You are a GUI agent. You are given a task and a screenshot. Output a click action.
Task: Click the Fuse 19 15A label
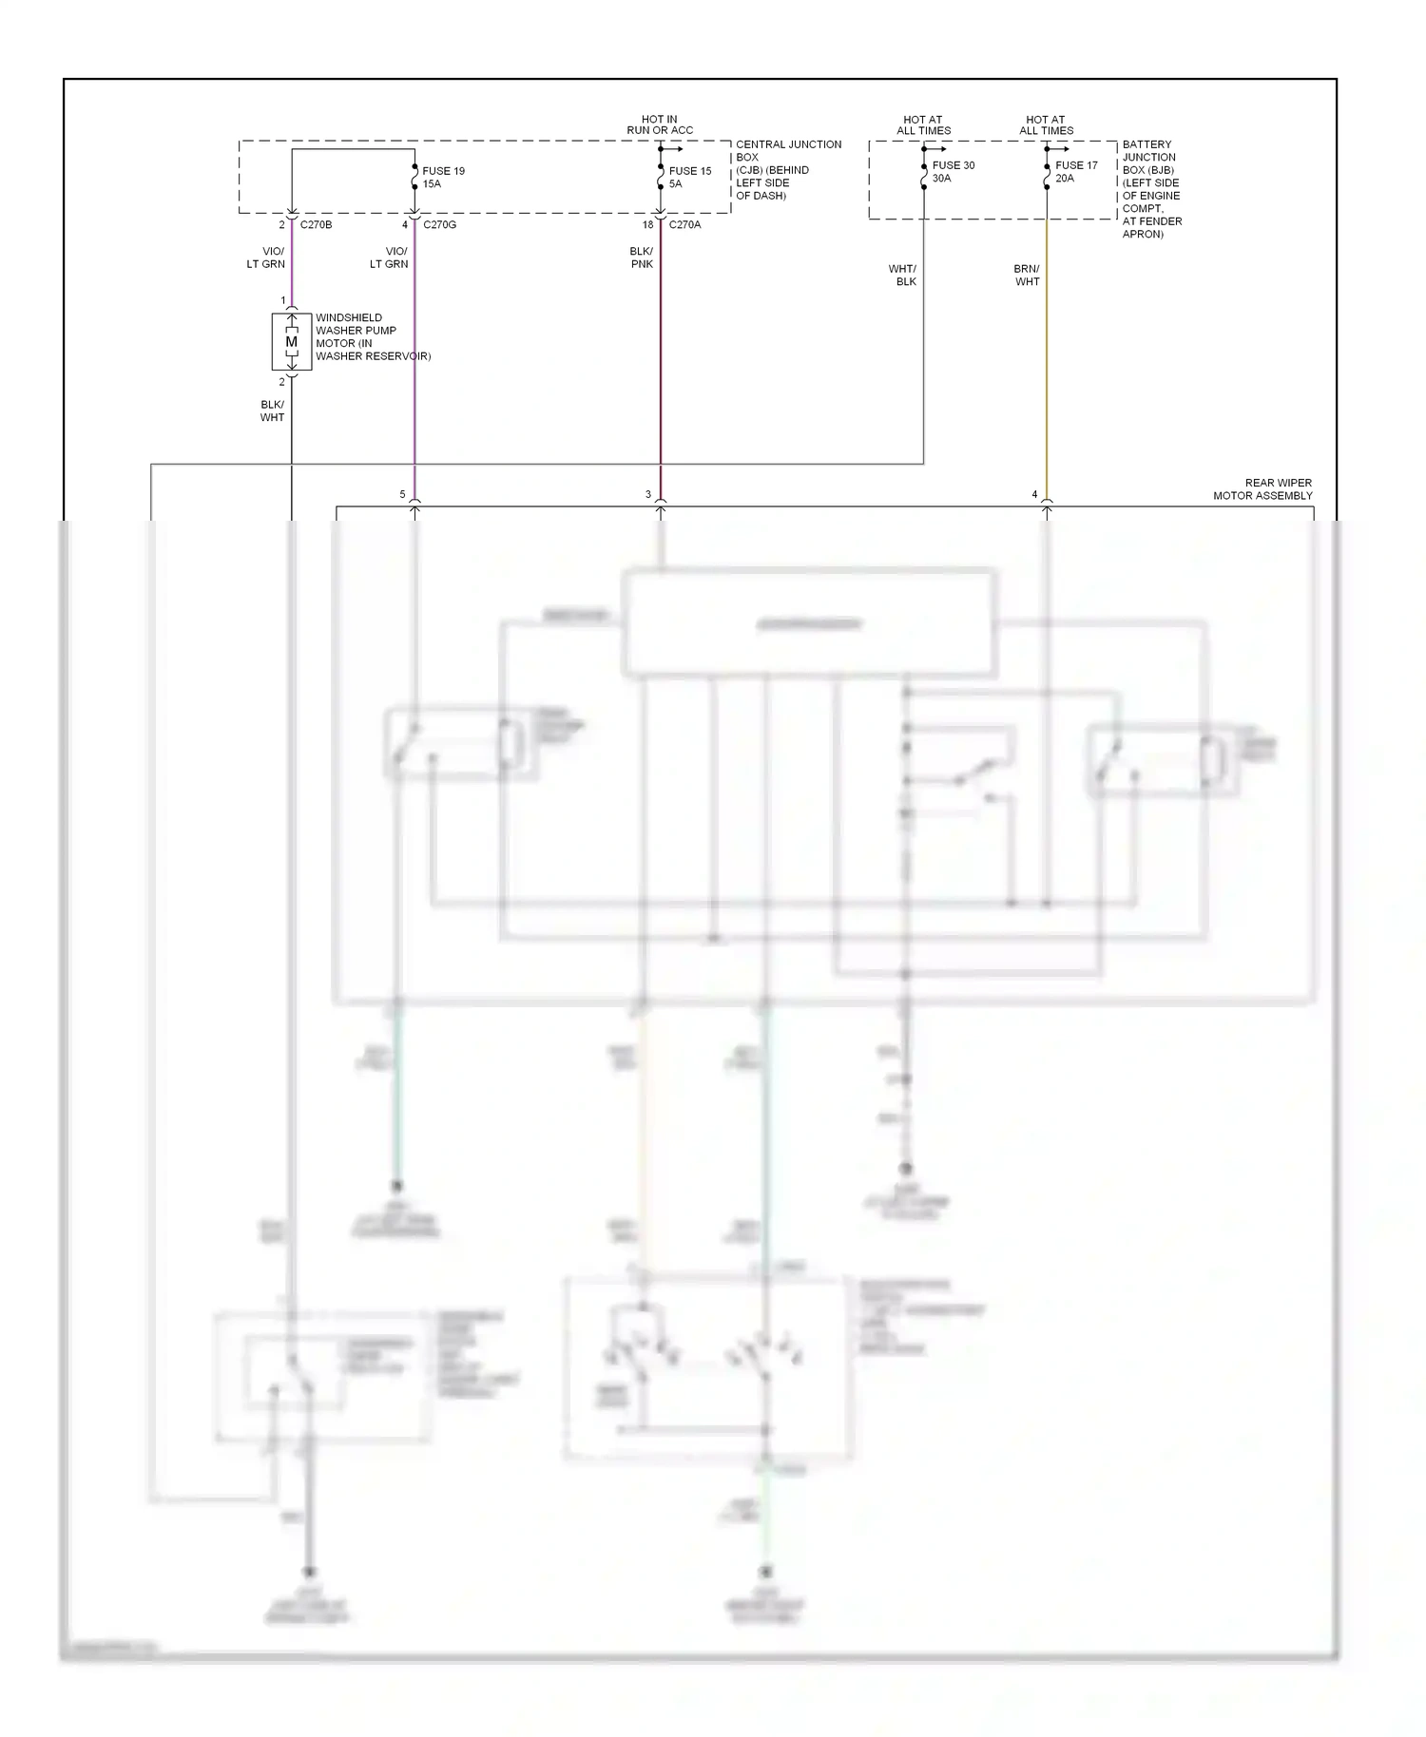(x=443, y=178)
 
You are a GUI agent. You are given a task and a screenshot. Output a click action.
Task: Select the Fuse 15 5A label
(x=689, y=178)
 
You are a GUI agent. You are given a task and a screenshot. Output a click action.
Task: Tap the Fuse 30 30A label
(x=953, y=172)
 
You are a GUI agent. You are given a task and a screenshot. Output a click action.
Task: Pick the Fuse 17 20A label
(x=1075, y=172)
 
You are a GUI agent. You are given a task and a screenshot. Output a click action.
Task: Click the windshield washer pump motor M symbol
(x=291, y=342)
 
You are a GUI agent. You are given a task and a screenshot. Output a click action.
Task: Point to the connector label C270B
(x=316, y=225)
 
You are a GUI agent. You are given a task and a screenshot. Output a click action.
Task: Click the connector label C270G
(x=439, y=225)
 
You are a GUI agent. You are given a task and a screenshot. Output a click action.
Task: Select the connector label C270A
(x=684, y=225)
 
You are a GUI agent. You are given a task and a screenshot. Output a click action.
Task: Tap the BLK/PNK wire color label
(x=642, y=258)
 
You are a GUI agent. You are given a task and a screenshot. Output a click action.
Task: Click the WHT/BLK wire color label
(x=902, y=276)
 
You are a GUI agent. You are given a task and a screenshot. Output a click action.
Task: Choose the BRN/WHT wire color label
(x=1027, y=276)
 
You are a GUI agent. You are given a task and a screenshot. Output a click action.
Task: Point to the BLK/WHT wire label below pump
(x=272, y=410)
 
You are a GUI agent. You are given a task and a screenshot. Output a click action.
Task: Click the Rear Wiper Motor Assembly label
(x=1262, y=489)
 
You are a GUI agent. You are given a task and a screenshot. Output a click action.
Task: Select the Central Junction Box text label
(x=787, y=169)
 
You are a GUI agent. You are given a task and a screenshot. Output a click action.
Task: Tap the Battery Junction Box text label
(x=1151, y=189)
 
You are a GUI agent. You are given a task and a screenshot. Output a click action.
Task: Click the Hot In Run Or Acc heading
(x=660, y=124)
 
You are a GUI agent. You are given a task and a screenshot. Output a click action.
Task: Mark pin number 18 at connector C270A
(x=647, y=225)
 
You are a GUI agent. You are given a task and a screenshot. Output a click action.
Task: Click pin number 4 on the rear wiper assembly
(x=1034, y=494)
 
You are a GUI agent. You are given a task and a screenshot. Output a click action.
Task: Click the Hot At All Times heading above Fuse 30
(x=923, y=125)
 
